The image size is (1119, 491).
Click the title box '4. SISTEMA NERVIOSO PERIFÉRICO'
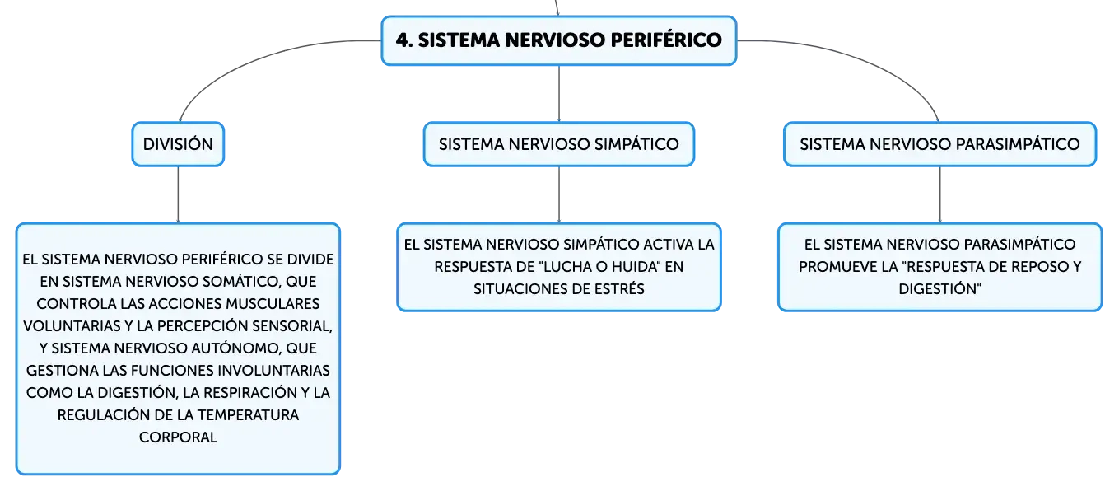click(559, 40)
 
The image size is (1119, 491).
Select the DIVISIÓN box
click(178, 144)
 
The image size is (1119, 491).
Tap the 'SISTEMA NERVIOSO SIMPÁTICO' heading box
click(559, 144)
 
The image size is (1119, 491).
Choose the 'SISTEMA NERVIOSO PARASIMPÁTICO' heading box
click(939, 144)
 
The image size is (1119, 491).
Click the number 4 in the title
click(402, 40)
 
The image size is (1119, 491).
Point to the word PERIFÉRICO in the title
click(666, 40)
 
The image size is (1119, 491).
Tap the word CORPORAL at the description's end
click(178, 437)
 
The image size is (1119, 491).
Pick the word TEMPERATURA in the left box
click(248, 415)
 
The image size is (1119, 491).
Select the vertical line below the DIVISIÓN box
click(178, 194)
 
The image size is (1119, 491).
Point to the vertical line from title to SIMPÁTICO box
click(559, 93)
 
